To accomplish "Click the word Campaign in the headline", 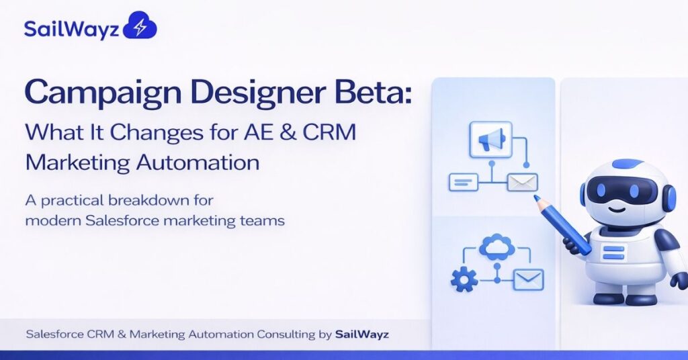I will point(89,94).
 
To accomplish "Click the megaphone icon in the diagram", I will point(490,139).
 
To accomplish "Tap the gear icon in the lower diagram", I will point(464,278).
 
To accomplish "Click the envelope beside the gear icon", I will point(528,278).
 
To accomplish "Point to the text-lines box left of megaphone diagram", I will point(463,181).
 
